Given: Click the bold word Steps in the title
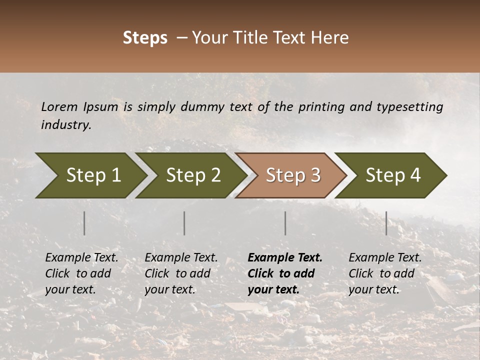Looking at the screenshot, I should coord(145,38).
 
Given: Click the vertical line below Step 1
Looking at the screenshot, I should coord(84,223).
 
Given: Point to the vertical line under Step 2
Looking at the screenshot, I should coord(184,223).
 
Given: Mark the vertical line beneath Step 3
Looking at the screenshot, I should coord(285,223).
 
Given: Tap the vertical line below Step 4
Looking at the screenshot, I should coord(386,223).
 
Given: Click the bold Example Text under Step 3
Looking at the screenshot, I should coord(285,258).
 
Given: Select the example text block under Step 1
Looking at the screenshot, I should coord(81,273).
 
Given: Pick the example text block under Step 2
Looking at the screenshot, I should coord(181,273).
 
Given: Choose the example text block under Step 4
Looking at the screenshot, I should coord(385,273).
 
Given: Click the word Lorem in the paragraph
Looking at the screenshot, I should coord(59,106).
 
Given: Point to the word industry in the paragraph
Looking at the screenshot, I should coord(65,125).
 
